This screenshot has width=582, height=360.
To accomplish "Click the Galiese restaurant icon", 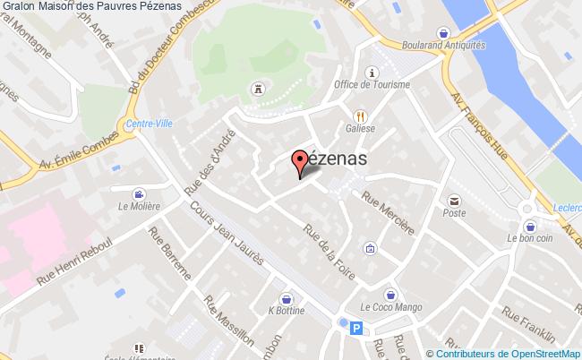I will pyautogui.click(x=360, y=116).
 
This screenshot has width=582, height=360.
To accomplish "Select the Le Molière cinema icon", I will pyautogui.click(x=138, y=193).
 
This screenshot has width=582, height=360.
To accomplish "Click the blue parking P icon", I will pyautogui.click(x=357, y=329).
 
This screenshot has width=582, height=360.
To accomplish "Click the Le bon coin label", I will pyautogui.click(x=529, y=238).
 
